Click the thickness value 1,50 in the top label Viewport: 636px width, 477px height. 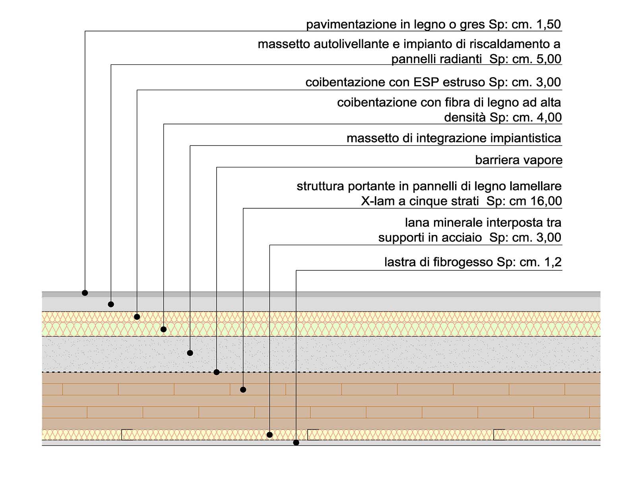click(x=549, y=24)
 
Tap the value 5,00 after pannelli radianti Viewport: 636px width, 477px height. click(x=549, y=59)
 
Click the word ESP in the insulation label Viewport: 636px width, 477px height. click(x=427, y=82)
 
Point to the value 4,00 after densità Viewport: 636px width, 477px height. click(x=549, y=118)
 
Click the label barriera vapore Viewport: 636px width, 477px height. click(x=519, y=160)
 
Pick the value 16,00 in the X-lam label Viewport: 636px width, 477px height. click(x=546, y=201)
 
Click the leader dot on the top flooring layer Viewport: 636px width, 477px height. click(x=85, y=293)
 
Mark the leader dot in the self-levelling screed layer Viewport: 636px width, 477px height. click(x=111, y=304)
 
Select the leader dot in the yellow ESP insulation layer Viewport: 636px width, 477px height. click(x=137, y=317)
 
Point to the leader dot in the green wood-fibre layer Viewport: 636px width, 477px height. click(x=163, y=329)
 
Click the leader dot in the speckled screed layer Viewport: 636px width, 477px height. click(x=190, y=353)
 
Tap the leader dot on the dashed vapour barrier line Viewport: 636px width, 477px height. click(x=217, y=372)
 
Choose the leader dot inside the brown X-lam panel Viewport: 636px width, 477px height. click(x=243, y=390)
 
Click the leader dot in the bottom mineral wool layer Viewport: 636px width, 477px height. click(x=270, y=435)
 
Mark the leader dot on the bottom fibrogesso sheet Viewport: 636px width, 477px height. click(x=296, y=442)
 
